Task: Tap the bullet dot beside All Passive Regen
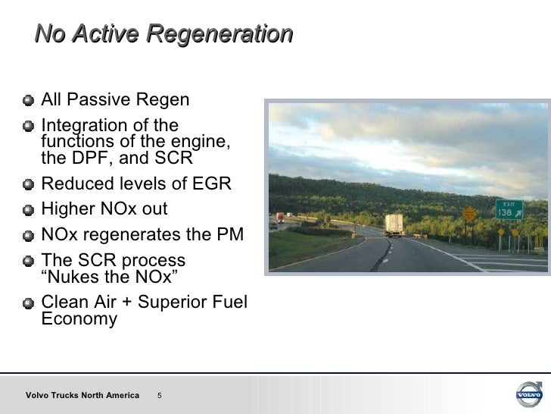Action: (28, 101)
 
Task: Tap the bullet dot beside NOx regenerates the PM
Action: (28, 234)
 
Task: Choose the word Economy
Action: (79, 319)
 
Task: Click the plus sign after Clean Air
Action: (122, 302)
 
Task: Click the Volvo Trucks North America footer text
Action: (82, 395)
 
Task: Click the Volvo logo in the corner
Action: (528, 394)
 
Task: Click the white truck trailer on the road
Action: (394, 224)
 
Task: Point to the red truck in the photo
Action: (280, 217)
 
